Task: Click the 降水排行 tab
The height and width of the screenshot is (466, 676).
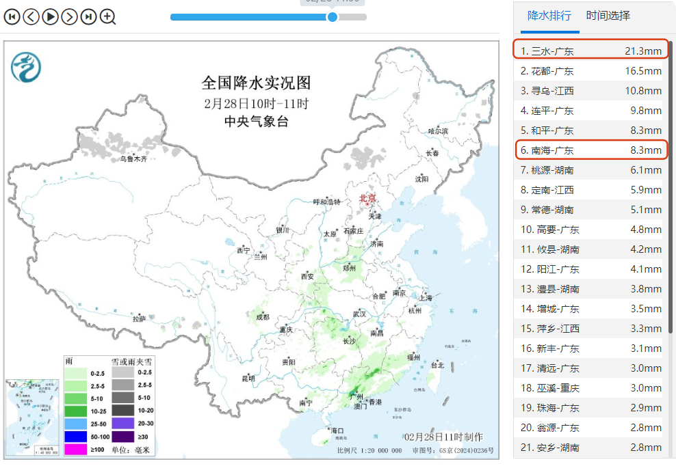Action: (549, 16)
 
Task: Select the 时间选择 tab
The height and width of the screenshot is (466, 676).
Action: (608, 16)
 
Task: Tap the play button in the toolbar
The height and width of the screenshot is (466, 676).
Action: (50, 16)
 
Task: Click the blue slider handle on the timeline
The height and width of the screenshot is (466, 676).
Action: (333, 16)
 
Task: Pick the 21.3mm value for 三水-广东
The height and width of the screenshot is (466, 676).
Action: (642, 51)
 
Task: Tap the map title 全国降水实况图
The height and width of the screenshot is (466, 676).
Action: (256, 83)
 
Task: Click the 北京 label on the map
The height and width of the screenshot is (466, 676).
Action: (368, 198)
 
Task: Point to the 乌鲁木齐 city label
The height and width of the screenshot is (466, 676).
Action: (133, 159)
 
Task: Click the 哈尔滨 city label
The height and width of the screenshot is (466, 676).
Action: (437, 131)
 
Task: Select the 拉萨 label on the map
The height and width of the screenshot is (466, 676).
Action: (140, 318)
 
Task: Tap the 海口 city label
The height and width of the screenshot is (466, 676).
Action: (337, 430)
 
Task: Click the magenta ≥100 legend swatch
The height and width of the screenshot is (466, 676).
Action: (76, 449)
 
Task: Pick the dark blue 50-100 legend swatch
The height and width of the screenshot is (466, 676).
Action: (76, 436)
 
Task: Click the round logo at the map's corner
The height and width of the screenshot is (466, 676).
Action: (26, 66)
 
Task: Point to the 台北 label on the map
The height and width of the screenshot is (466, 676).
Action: (437, 366)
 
